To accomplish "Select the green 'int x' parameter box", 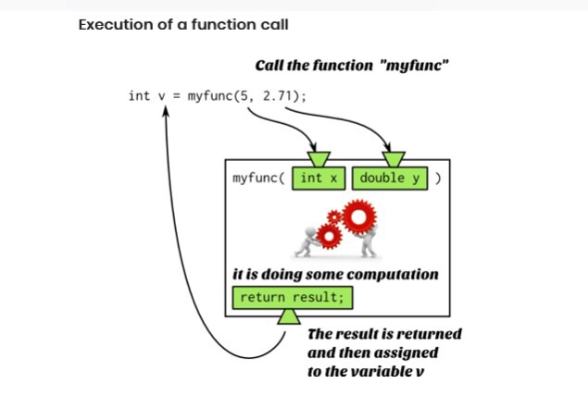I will (x=320, y=178).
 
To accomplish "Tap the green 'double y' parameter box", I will (x=390, y=178).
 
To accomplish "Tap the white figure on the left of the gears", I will (x=307, y=242).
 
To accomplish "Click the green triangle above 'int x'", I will (x=320, y=157).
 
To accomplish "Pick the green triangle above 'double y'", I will (x=394, y=157).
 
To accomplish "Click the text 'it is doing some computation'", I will (x=334, y=275).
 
